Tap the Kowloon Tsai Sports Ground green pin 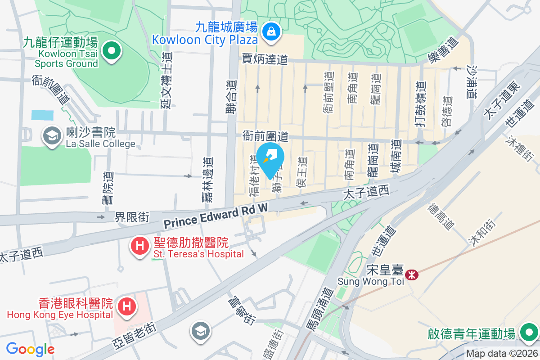[x=110, y=50]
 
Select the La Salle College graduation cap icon [x=52, y=135]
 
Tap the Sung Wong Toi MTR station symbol [x=411, y=274]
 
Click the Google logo [x=30, y=349]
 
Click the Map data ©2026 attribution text [x=502, y=354]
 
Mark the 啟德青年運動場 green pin [x=528, y=333]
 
